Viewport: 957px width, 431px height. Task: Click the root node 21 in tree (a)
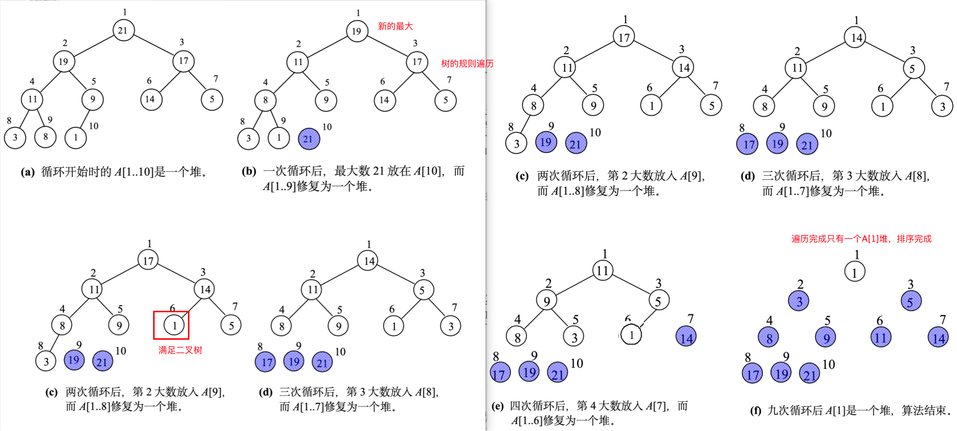click(x=123, y=30)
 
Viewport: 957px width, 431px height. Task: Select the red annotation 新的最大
click(x=395, y=26)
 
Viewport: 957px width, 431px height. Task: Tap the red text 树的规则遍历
click(x=467, y=63)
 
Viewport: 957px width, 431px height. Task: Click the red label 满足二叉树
click(x=180, y=350)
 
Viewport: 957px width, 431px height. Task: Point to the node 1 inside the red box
click(x=174, y=326)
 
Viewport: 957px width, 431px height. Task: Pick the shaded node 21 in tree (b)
click(x=309, y=139)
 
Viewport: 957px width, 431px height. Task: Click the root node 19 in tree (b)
click(x=356, y=31)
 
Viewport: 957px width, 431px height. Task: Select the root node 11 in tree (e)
click(x=602, y=270)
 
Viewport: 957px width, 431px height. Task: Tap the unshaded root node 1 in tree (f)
click(x=854, y=272)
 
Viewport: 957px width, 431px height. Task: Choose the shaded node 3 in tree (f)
click(x=799, y=301)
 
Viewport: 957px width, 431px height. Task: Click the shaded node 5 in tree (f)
click(x=911, y=301)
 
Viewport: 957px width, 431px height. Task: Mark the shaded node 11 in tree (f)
click(x=880, y=338)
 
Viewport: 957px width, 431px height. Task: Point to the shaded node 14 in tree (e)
click(x=686, y=336)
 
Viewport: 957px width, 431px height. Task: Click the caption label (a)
click(x=27, y=172)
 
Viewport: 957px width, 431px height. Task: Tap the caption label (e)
click(x=498, y=406)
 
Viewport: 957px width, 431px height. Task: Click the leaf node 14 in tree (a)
click(x=151, y=99)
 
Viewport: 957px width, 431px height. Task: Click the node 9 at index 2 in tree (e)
click(x=547, y=301)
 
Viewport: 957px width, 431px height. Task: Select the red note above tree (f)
click(x=861, y=239)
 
